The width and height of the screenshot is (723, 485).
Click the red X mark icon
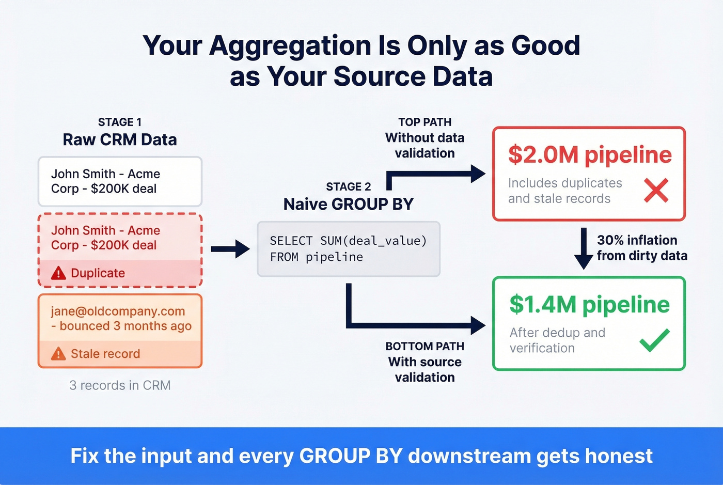point(656,191)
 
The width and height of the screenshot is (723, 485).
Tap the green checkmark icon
point(654,340)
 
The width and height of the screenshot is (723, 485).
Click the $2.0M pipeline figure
point(590,154)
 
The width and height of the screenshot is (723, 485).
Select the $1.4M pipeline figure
point(589,304)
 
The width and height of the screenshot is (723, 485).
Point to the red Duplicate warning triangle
point(58,273)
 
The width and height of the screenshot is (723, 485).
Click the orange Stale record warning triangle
point(58,354)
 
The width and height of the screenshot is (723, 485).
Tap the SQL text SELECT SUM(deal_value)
point(348,241)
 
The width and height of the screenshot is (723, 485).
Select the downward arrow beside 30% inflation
point(584,248)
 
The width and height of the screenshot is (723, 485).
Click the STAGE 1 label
point(120,122)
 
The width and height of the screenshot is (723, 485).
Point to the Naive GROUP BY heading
point(349,204)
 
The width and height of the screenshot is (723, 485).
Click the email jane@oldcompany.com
point(118,311)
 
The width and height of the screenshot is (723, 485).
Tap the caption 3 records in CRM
point(120,385)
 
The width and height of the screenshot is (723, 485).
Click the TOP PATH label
point(425,122)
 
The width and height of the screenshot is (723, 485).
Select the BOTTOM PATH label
point(425,347)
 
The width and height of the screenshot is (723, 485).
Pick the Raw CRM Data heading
point(120,139)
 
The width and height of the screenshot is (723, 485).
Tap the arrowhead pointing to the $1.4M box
point(478,325)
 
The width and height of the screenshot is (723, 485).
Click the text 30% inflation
point(637,240)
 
